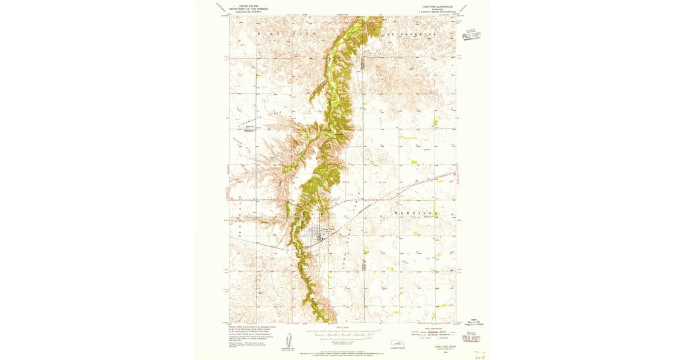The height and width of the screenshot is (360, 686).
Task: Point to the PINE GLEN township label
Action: (x=277, y=34)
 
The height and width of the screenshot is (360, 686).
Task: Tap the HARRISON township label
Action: (x=416, y=213)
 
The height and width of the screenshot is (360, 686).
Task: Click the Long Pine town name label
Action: (x=328, y=229)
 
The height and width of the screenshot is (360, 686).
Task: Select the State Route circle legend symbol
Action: (x=436, y=338)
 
